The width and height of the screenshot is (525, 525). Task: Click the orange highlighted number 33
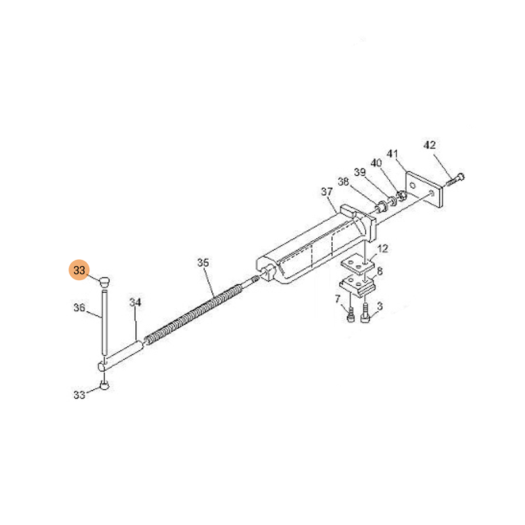point(79,270)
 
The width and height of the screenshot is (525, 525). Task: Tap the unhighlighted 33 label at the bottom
point(79,395)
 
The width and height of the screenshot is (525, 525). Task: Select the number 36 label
point(79,307)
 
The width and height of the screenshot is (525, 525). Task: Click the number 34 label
point(135,303)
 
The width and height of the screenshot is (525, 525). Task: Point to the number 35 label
point(203,262)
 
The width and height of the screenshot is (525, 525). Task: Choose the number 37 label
point(327,192)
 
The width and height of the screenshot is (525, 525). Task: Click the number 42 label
point(430,145)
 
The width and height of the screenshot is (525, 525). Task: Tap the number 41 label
point(392,154)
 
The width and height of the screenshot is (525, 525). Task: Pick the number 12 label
point(383,249)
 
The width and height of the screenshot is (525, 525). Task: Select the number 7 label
point(337,299)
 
